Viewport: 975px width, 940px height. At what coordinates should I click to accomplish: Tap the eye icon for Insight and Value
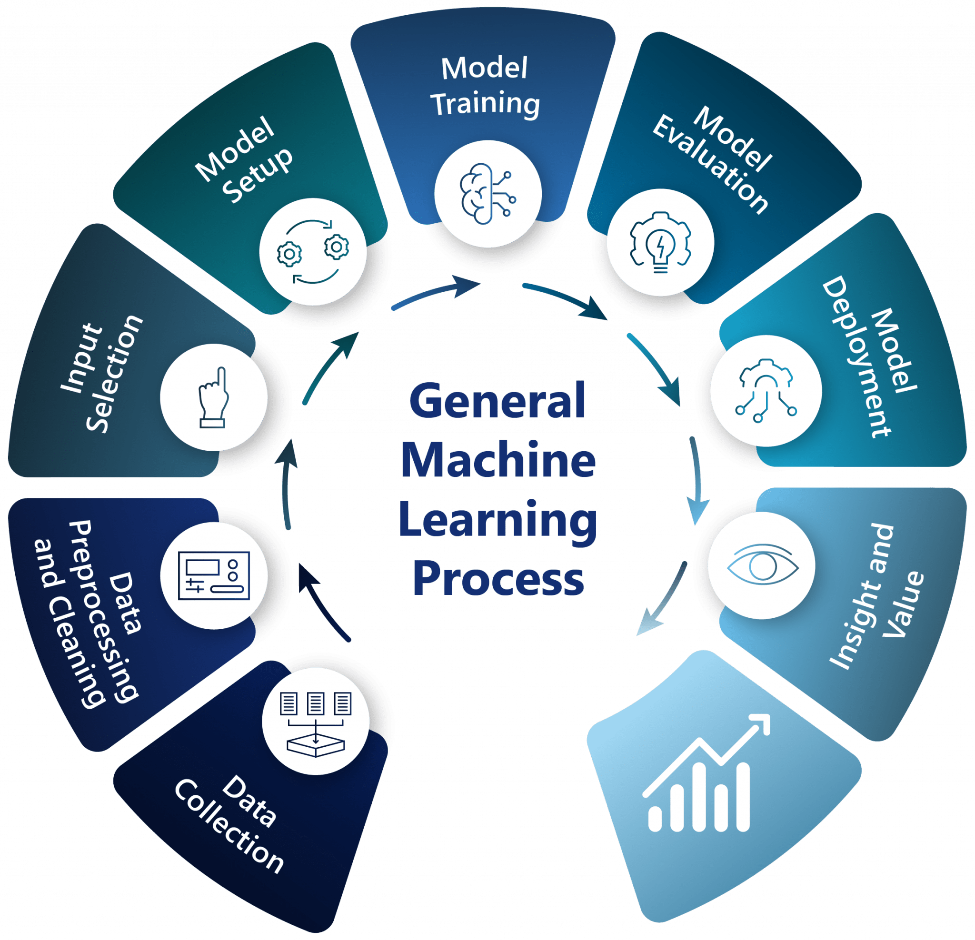tap(762, 566)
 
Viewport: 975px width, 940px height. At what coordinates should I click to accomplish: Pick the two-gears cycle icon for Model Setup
tap(313, 252)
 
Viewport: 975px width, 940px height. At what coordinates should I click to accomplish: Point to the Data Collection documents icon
tap(316, 721)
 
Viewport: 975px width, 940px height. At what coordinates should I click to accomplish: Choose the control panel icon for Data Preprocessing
tap(214, 575)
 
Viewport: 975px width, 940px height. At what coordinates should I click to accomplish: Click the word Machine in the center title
tap(498, 460)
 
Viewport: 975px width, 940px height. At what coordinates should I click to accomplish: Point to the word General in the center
tap(497, 401)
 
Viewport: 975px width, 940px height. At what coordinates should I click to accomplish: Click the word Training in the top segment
tap(485, 104)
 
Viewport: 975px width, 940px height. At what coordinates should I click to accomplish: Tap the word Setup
tap(258, 175)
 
